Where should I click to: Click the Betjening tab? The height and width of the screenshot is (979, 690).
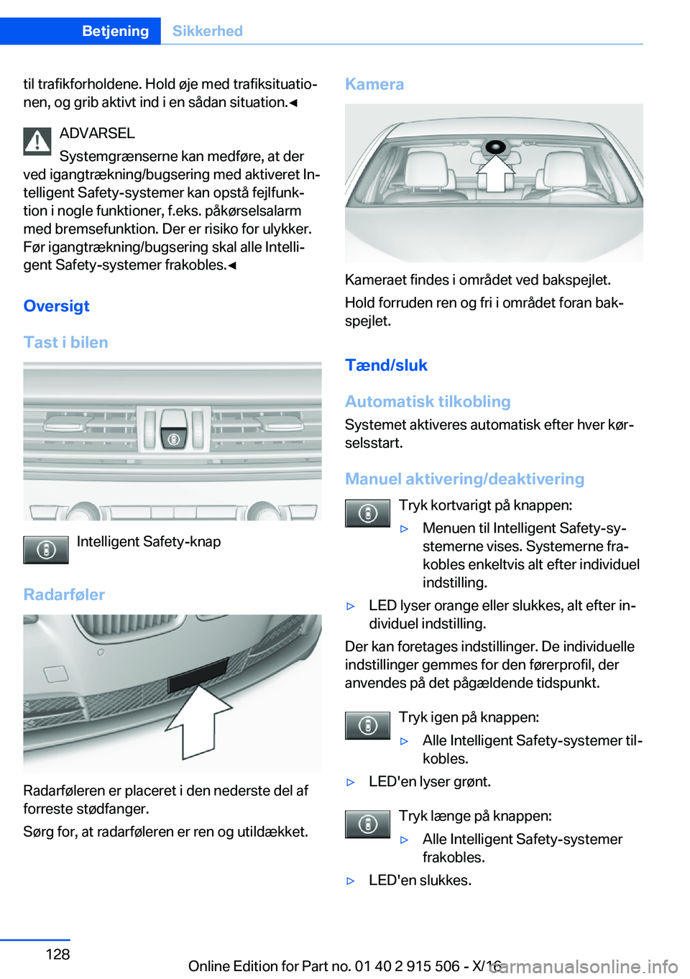[x=115, y=31]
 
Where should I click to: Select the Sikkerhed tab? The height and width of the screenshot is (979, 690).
[x=207, y=31]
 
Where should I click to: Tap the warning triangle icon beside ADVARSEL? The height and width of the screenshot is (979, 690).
[x=37, y=141]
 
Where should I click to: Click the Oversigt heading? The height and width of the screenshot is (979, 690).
[x=56, y=306]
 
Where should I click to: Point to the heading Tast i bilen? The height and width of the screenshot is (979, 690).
[x=65, y=342]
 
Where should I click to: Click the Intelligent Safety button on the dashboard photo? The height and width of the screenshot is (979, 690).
[x=173, y=436]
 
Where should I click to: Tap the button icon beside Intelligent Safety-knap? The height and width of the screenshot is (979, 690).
[x=46, y=550]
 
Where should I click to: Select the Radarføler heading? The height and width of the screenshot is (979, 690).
[x=64, y=594]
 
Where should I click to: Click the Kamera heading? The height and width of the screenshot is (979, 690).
[x=374, y=84]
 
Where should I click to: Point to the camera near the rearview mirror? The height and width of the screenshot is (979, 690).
[x=494, y=147]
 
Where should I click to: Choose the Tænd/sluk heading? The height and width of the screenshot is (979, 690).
[x=386, y=365]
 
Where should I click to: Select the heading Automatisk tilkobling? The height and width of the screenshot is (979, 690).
[x=428, y=402]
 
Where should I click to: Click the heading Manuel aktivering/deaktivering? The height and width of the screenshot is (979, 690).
[x=464, y=479]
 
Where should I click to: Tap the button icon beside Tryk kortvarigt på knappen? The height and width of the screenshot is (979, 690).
[x=367, y=513]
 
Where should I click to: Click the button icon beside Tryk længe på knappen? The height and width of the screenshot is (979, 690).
[x=367, y=824]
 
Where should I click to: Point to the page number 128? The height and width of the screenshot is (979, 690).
[x=57, y=954]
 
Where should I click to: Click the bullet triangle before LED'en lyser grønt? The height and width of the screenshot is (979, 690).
[x=351, y=782]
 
